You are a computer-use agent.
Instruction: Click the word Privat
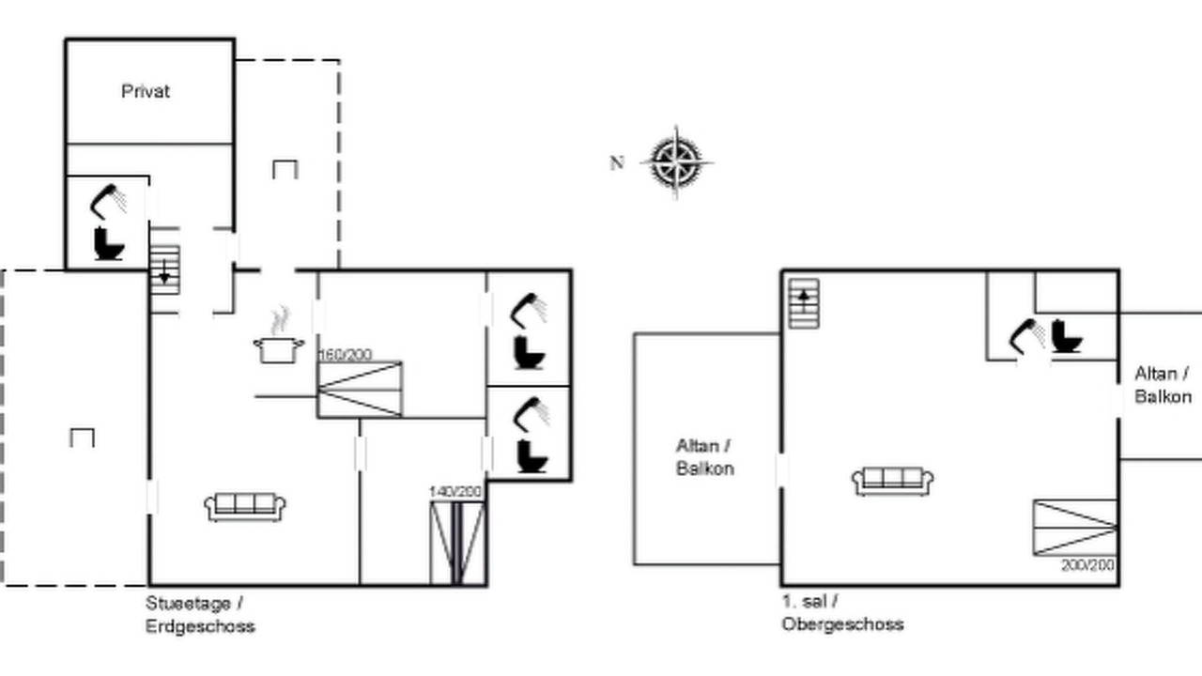146,91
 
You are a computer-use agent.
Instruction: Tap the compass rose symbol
676,162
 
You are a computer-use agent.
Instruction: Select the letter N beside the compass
617,162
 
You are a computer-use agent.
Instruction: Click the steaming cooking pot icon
279,337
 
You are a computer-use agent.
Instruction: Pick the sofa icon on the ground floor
245,507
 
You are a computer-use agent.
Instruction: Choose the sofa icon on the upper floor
893,482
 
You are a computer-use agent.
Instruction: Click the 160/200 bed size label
346,355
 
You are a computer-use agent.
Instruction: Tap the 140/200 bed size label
455,491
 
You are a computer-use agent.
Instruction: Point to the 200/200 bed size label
1087,565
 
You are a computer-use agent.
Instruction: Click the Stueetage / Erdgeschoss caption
200,615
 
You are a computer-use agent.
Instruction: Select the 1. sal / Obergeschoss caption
842,613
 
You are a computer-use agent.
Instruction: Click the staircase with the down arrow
164,269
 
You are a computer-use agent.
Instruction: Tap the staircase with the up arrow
804,303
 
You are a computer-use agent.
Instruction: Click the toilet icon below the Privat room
109,244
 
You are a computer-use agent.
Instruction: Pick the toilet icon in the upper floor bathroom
1067,336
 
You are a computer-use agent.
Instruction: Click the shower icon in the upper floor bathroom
1027,336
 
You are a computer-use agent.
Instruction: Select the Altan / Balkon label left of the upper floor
704,457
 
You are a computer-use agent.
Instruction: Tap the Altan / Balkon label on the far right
1163,385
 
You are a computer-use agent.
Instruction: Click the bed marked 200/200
1075,528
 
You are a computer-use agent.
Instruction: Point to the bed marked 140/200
457,543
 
